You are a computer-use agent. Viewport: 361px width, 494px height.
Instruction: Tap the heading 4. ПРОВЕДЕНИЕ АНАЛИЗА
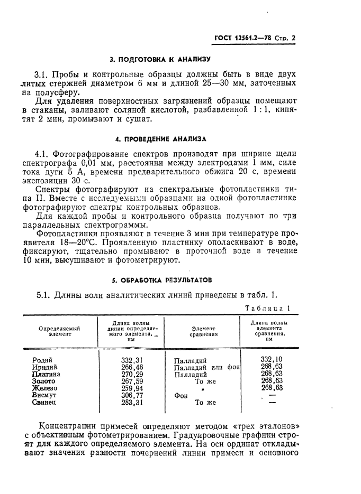(x=160, y=139)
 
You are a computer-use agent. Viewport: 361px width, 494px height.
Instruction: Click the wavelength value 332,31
(x=132, y=360)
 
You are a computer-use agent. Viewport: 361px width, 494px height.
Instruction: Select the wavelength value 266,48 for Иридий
(x=132, y=367)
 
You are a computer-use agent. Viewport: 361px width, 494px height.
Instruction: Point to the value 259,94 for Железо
(x=132, y=388)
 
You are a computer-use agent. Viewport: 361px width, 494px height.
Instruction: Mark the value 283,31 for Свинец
(x=132, y=402)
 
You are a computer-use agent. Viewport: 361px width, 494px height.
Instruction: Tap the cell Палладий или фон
(x=207, y=368)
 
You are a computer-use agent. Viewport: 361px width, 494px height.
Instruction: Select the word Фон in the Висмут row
(x=181, y=395)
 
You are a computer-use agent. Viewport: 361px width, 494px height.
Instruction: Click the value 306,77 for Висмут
(x=132, y=395)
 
